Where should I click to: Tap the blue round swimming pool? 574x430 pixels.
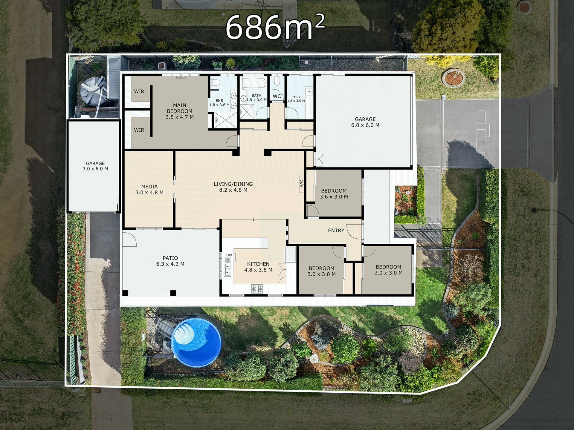click(x=197, y=339)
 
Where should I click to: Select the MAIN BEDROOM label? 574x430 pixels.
click(x=180, y=111)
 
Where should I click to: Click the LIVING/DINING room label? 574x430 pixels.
click(x=233, y=187)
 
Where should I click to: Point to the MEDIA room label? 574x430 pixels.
click(x=149, y=190)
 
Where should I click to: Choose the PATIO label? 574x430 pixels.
click(x=170, y=261)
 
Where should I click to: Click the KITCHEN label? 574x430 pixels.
click(x=258, y=267)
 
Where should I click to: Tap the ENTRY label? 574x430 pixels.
click(x=336, y=231)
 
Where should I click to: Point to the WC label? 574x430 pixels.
click(x=277, y=96)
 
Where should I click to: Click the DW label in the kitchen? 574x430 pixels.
click(x=229, y=255)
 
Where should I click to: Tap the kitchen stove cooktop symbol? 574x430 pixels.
click(x=257, y=289)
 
